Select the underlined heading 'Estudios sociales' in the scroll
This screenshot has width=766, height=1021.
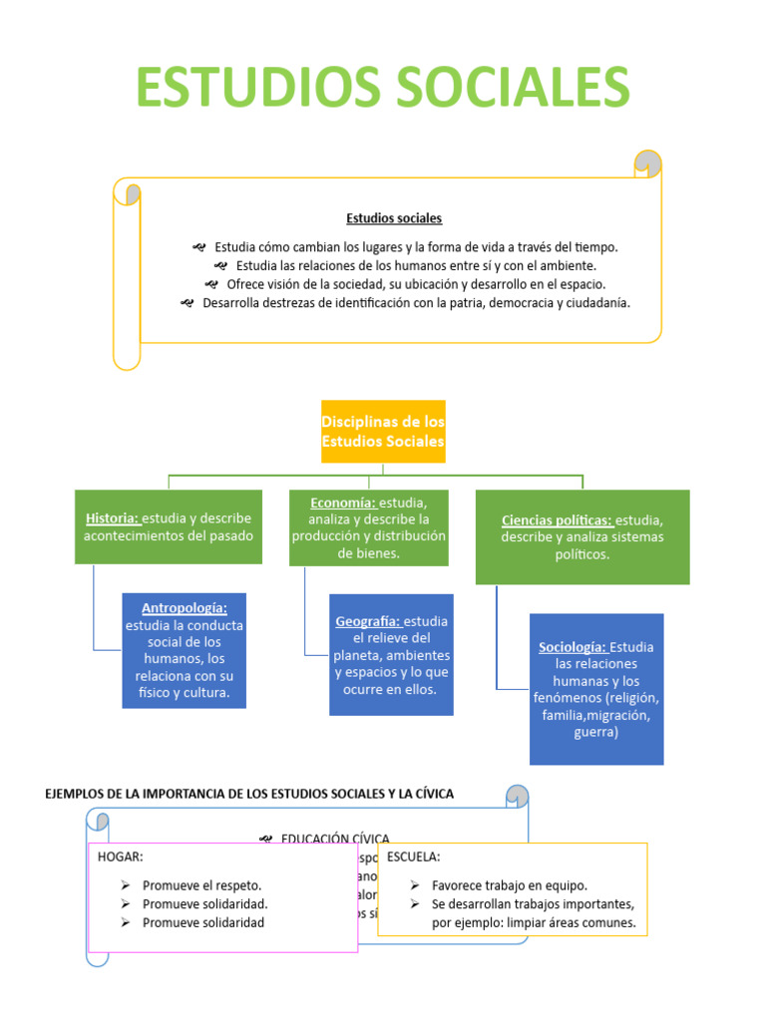pyautogui.click(x=394, y=217)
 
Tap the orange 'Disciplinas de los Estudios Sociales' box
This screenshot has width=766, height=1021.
pyautogui.click(x=383, y=432)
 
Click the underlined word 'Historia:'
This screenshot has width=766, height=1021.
pyautogui.click(x=112, y=518)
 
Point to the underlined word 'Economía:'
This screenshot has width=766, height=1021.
pyautogui.click(x=342, y=503)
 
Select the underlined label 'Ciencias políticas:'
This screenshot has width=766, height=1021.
pyautogui.click(x=557, y=520)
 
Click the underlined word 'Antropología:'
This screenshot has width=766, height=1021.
pyautogui.click(x=185, y=607)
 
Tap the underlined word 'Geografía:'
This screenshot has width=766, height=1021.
pyautogui.click(x=368, y=621)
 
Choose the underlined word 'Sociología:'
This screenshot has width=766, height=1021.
pyautogui.click(x=573, y=647)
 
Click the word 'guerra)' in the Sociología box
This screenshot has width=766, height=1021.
pyautogui.click(x=596, y=732)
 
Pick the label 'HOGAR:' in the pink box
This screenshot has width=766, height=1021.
pyautogui.click(x=121, y=856)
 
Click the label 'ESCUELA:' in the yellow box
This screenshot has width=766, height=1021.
pyautogui.click(x=413, y=856)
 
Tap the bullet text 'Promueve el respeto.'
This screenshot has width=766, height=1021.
pyautogui.click(x=202, y=884)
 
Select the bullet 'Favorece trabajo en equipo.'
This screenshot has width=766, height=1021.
pyautogui.click(x=510, y=884)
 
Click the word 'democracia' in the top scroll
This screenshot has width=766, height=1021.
pyautogui.click(x=510, y=302)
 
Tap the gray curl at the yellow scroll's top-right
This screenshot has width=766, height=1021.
pyautogui.click(x=648, y=163)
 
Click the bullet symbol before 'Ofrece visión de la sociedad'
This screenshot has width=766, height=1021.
pyautogui.click(x=210, y=284)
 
